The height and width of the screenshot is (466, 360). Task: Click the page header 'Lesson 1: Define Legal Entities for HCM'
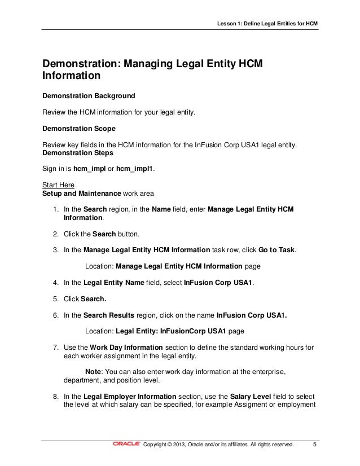tap(268, 23)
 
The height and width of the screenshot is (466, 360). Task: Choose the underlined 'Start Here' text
tap(58, 185)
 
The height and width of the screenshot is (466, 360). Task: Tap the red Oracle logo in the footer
tap(127, 444)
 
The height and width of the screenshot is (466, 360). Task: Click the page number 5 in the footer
tap(315, 444)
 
